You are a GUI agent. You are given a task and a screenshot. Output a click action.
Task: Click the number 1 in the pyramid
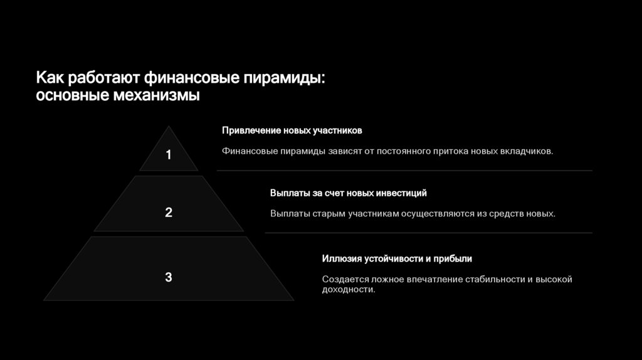pos(168,155)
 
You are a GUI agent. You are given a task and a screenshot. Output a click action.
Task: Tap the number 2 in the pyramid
pos(168,213)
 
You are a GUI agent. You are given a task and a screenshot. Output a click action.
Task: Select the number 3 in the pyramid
pos(168,277)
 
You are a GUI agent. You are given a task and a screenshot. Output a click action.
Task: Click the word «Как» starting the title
pos(50,78)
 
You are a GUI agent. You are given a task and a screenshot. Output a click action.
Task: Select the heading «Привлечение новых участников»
pos(292,130)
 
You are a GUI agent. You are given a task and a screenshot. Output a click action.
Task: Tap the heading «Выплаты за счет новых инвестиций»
pos(348,193)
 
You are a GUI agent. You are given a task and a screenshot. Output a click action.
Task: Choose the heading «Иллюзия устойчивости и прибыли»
pos(397,258)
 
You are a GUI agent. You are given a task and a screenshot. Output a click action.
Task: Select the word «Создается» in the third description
pos(342,279)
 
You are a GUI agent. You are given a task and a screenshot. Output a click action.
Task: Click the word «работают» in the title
pos(105,79)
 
